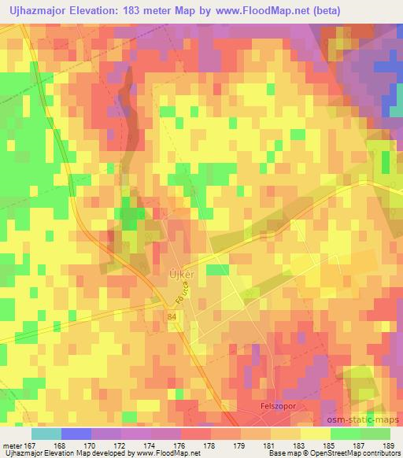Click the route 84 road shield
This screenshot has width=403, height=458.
[172, 316]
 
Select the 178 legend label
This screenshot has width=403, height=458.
[210, 444]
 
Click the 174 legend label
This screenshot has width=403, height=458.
[150, 444]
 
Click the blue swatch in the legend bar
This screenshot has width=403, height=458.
[76, 434]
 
